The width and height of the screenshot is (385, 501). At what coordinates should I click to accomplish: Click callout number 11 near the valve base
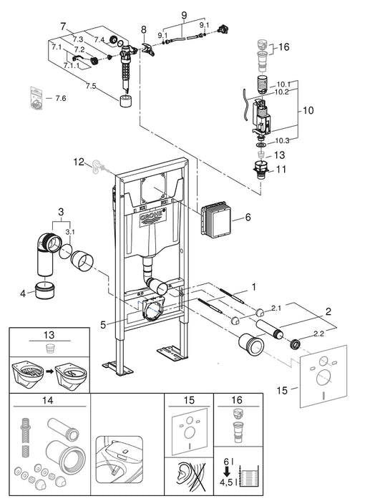click(281, 170)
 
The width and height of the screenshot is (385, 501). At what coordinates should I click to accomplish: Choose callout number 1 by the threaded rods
click(251, 288)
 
